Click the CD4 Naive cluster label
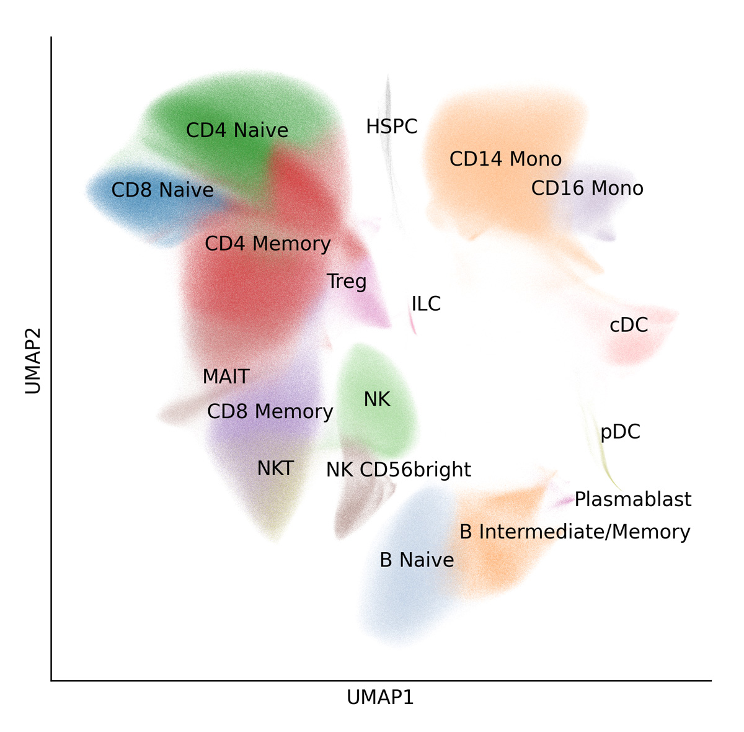pos(237,130)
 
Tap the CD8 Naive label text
pos(162,190)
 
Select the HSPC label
pos(391,127)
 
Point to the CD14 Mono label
pos(505,159)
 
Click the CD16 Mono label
pos(587,188)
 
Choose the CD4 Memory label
pos(267,244)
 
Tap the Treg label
pos(347,282)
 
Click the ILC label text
pos(426,304)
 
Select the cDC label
pos(629,325)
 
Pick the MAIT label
pos(226,377)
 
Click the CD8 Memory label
pos(270,411)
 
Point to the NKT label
pos(275,468)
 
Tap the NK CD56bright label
pos(399,470)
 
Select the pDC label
pos(620,432)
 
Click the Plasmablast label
pos(632,499)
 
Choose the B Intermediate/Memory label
pos(575,532)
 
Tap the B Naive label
pos(417,560)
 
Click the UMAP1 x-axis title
pos(380,697)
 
